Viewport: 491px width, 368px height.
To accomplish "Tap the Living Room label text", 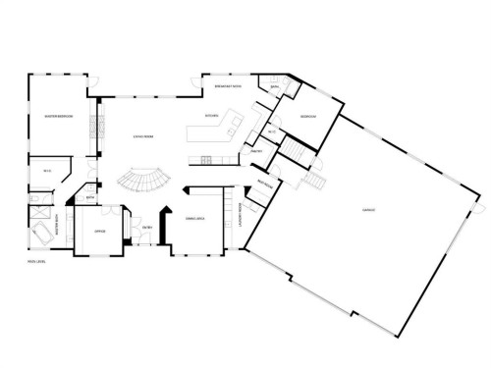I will click(x=143, y=137).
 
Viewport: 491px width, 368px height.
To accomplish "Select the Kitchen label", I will click(x=211, y=115).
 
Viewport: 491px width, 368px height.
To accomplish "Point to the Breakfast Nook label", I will click(x=229, y=87).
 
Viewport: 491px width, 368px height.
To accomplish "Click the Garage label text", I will click(x=368, y=209).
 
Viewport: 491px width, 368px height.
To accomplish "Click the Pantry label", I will click(x=254, y=151).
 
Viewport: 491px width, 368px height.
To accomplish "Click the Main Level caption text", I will click(x=36, y=262).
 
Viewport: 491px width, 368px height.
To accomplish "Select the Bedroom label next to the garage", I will click(x=306, y=115).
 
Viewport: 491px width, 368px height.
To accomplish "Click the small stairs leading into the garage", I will click(x=315, y=184).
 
